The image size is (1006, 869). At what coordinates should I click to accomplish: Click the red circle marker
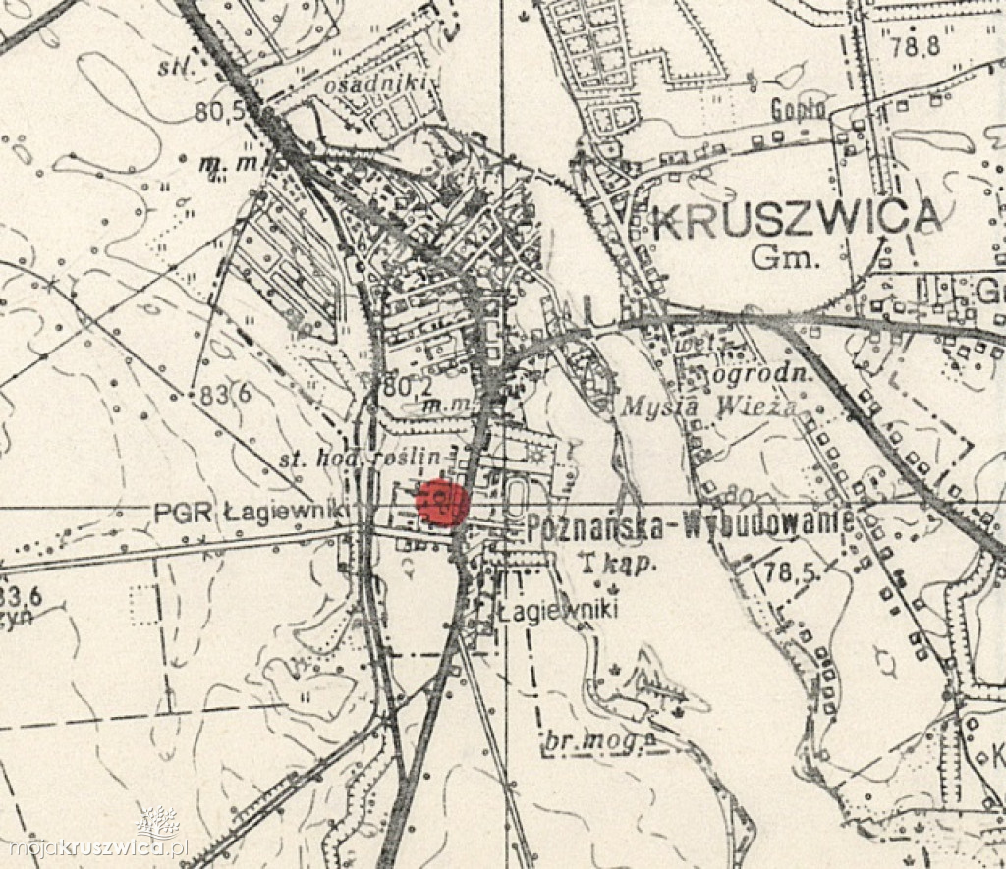[440, 503]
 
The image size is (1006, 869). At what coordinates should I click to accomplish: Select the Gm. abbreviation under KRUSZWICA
[797, 258]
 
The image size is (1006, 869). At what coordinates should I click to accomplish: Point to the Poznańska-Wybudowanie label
[690, 525]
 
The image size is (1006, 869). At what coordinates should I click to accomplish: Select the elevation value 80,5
[218, 113]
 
